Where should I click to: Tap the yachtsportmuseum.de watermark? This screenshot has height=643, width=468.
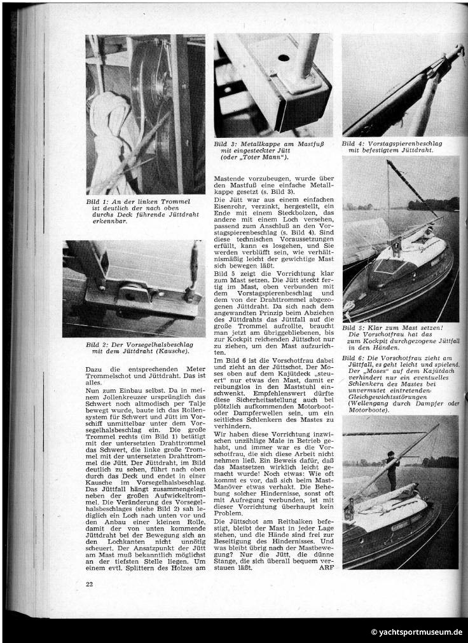click(x=416, y=632)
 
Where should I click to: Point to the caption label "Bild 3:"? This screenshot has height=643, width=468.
click(x=227, y=145)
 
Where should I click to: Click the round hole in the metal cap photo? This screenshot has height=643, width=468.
click(x=283, y=58)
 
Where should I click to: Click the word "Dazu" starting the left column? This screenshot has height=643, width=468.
click(x=94, y=368)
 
